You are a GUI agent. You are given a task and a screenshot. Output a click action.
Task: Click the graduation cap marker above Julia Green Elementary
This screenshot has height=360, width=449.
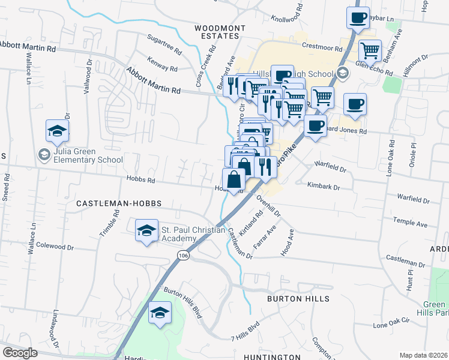58,131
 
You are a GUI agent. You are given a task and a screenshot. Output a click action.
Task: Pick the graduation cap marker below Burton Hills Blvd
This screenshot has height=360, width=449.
160,313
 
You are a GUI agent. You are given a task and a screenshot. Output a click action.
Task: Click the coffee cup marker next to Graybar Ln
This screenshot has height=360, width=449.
358,18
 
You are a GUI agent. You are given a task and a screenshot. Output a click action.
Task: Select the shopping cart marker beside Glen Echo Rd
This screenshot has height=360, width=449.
370,51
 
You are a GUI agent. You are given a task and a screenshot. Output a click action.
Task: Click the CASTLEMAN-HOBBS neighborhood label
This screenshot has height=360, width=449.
119,203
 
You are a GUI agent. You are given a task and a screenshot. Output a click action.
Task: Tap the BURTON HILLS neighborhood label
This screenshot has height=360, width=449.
298,298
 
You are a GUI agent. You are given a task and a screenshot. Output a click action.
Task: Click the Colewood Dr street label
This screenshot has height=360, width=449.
55,246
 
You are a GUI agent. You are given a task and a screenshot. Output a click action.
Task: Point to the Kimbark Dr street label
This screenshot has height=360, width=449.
324,188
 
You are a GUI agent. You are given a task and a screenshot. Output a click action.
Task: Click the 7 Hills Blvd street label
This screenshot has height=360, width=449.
244,328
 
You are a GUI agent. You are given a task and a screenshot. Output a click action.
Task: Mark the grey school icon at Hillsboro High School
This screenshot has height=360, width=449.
342,74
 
